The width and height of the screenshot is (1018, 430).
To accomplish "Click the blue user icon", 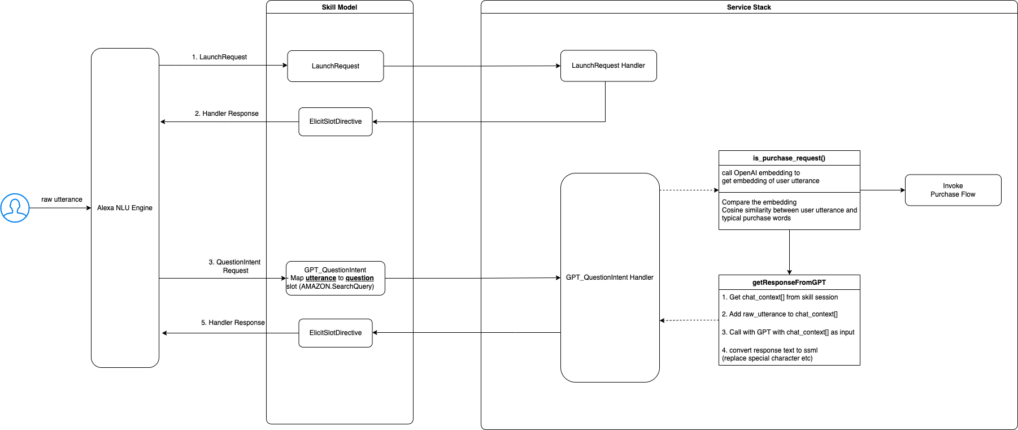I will click(15, 208).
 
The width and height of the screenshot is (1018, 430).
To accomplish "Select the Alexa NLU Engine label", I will click(125, 208).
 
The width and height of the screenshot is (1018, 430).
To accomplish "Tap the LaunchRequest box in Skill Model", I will click(336, 66).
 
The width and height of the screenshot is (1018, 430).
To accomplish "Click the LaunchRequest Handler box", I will click(608, 66).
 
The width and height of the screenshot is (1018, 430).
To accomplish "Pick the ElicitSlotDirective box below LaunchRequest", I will click(336, 121).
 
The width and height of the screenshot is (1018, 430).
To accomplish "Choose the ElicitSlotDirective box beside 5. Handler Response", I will click(336, 333).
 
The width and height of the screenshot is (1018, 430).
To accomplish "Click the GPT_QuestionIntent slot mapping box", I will click(336, 278).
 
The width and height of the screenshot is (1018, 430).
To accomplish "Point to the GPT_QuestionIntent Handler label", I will click(610, 277).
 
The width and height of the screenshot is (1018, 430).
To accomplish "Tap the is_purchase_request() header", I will click(789, 158).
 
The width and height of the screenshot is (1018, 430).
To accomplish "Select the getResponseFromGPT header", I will click(789, 283).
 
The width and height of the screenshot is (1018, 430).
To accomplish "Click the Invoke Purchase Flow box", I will click(953, 190).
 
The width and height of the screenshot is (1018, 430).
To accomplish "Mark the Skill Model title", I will click(340, 7).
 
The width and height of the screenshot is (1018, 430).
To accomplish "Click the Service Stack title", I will click(749, 7).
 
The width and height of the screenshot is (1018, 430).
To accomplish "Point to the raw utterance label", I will click(62, 199).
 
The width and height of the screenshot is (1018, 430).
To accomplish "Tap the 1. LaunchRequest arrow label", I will click(219, 57).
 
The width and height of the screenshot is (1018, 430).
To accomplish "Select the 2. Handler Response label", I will click(227, 114).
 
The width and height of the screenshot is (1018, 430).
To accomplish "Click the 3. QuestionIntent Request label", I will click(235, 266).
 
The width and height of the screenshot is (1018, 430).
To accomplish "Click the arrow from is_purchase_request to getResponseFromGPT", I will click(789, 252).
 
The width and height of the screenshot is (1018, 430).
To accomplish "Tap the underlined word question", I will click(360, 278).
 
